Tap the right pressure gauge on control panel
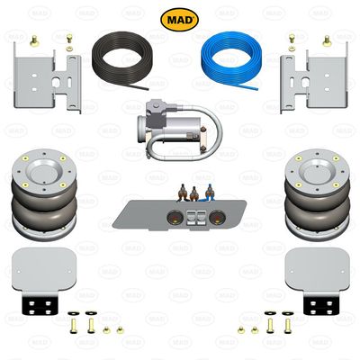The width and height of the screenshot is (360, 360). [x=217, y=215]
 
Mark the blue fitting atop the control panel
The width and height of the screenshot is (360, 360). [x=208, y=192]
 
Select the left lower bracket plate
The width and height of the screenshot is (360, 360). [x=41, y=267]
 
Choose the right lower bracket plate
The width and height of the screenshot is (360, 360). [x=317, y=267]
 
